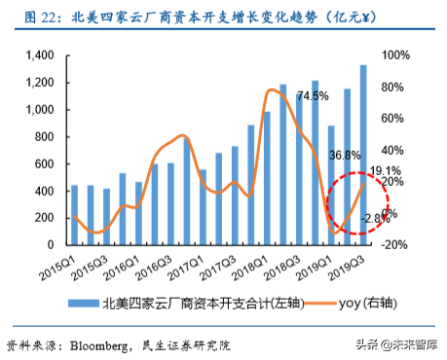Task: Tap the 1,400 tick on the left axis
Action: (x=41, y=55)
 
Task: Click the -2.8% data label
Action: (x=376, y=220)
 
